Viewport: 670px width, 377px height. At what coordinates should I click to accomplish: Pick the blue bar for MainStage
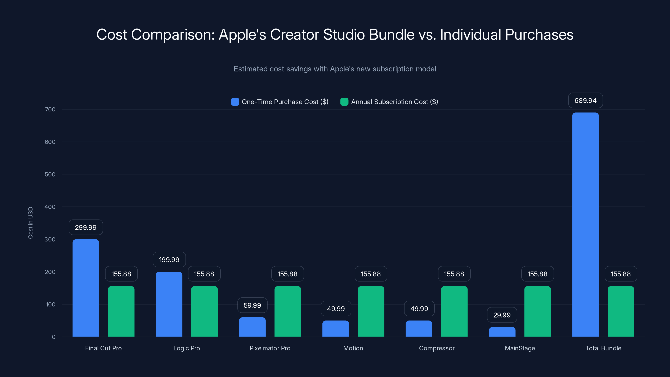502,332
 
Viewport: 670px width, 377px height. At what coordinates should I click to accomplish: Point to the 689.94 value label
585,101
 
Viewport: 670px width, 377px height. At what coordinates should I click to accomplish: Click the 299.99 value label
86,227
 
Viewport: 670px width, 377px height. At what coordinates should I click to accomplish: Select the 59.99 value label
252,305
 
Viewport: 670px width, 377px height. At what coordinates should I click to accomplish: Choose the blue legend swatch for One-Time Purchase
235,102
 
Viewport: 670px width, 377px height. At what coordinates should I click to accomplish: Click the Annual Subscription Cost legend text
394,102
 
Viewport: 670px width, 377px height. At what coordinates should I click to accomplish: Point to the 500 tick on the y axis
50,174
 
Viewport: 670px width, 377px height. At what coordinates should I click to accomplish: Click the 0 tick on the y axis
54,337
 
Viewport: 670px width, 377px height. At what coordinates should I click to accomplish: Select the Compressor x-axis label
437,348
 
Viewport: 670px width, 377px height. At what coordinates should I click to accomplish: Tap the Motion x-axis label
353,348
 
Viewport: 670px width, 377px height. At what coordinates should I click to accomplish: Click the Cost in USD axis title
30,223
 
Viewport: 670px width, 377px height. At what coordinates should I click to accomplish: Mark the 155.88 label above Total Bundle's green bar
621,274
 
